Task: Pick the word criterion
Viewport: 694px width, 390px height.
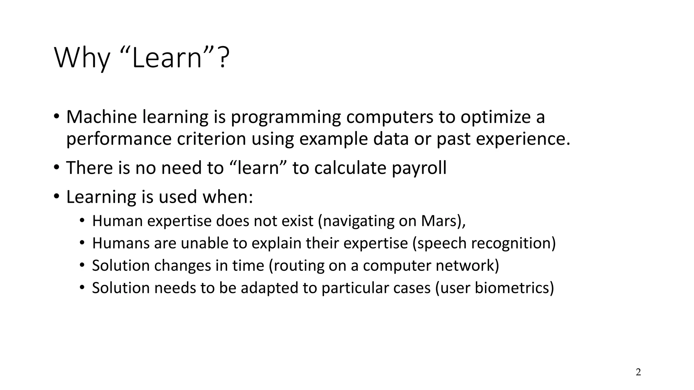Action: point(211,139)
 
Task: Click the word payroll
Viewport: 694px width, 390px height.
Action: point(419,168)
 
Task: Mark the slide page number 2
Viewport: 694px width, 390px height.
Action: point(638,372)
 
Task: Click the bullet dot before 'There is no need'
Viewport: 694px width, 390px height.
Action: point(56,168)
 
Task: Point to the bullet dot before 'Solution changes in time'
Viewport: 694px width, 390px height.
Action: point(82,265)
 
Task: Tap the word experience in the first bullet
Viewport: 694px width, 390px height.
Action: point(523,139)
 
